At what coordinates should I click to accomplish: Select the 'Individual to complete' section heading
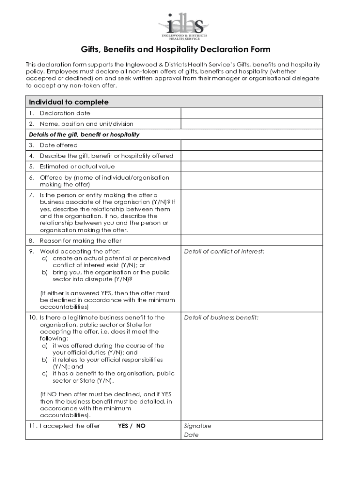coord(69,102)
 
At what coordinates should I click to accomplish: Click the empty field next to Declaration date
coord(252,113)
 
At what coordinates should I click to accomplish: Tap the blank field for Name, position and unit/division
coord(252,124)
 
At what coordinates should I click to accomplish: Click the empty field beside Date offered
coord(252,145)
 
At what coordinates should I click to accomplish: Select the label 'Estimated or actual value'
coord(77,167)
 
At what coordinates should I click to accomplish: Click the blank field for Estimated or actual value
coord(252,167)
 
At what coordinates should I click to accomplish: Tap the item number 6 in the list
coord(31,178)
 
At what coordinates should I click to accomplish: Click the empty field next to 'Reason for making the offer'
coord(252,240)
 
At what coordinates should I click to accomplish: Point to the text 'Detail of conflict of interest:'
coord(224,252)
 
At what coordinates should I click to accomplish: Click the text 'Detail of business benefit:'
coord(221,318)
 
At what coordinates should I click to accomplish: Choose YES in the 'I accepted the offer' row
coord(123,426)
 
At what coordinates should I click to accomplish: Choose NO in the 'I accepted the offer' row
coord(141,426)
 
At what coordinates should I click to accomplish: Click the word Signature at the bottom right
coord(197,426)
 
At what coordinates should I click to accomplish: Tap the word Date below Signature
coord(191,435)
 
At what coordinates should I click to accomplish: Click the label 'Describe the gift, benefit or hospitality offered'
coord(107,156)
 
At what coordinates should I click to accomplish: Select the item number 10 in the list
coord(32,318)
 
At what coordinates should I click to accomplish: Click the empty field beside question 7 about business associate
coord(252,212)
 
